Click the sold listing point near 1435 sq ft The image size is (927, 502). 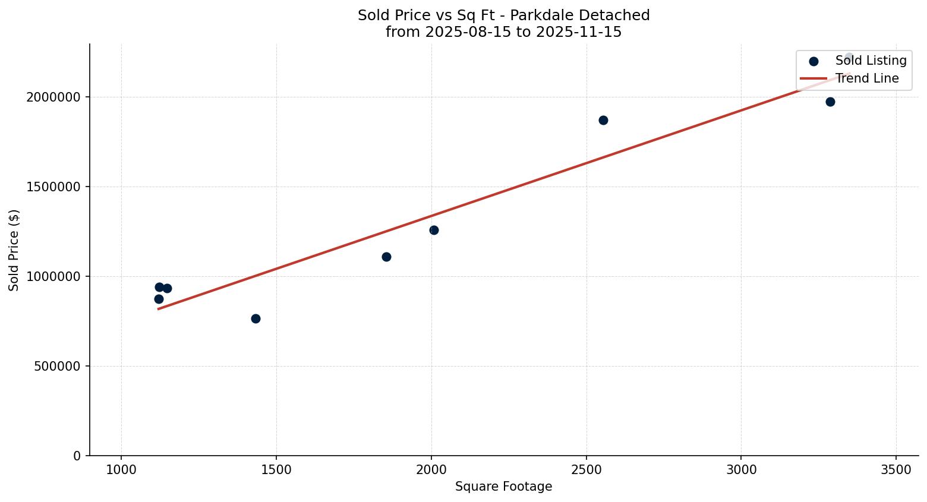[x=256, y=318]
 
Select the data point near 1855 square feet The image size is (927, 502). [x=386, y=257]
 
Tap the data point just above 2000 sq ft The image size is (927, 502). [x=434, y=230]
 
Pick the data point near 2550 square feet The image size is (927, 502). [x=603, y=120]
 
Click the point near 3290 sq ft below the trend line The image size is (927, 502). [x=830, y=102]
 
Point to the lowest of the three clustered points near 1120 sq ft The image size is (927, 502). [x=159, y=299]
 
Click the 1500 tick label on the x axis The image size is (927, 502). [x=276, y=469]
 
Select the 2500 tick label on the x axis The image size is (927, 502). [x=587, y=469]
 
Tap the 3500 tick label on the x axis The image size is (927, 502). [x=896, y=469]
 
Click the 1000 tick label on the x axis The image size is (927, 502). [x=121, y=469]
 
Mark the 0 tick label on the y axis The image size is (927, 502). [x=77, y=456]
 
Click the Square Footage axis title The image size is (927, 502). [x=503, y=487]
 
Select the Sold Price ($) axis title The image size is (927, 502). [x=14, y=250]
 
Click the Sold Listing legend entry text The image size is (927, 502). [x=871, y=61]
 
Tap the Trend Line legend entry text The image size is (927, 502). [x=867, y=78]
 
